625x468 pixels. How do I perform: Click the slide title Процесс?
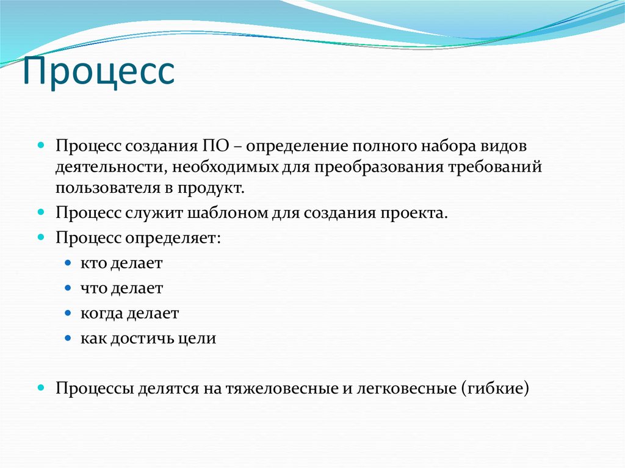coord(99,72)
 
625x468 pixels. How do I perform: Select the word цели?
coord(202,338)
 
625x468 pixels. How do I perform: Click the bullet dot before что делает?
coord(68,287)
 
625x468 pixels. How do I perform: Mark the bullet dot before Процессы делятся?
coord(41,387)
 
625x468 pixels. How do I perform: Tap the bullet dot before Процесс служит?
coord(41,213)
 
